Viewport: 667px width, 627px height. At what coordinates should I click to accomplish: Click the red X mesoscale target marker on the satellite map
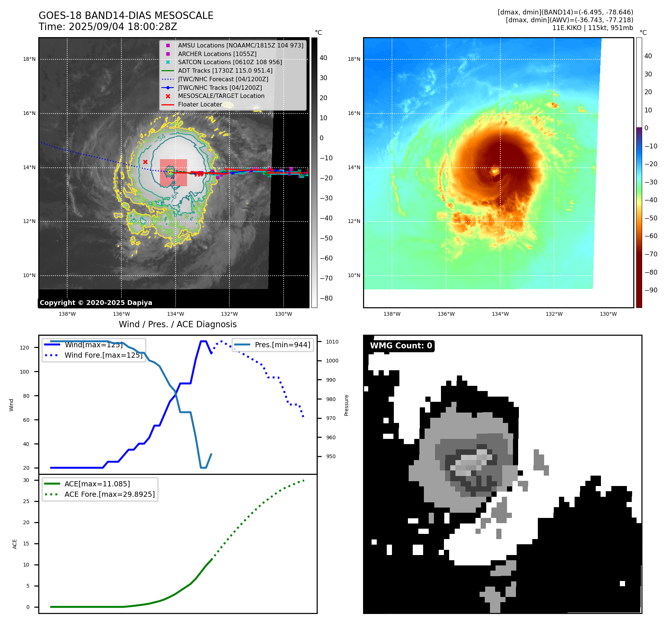pos(145,162)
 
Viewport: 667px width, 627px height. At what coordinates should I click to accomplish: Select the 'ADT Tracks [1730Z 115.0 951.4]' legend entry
pos(225,70)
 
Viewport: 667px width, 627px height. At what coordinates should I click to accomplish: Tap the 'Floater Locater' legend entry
pos(200,104)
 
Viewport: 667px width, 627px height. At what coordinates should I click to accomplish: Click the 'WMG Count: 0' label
pos(401,346)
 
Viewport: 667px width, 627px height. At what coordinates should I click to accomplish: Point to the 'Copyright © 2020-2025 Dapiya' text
pos(96,303)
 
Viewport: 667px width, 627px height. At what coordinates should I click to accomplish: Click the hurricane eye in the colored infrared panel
pos(495,171)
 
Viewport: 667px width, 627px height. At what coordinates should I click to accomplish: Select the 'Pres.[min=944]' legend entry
pos(282,345)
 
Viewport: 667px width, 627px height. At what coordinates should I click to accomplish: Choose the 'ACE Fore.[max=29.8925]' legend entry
pos(109,494)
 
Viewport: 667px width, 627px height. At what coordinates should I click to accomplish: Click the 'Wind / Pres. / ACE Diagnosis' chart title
pos(177,324)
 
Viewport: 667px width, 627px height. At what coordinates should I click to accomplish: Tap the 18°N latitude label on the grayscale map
pos(29,59)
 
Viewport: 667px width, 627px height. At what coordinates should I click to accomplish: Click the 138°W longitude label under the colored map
pos(392,314)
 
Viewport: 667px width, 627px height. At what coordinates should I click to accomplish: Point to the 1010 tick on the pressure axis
pos(332,342)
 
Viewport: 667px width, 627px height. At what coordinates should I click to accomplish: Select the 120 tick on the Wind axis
pos(24,348)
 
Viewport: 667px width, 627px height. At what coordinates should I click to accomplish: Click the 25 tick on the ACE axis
pos(26,501)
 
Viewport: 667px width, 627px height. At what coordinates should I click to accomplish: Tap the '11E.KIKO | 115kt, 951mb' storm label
pos(592,28)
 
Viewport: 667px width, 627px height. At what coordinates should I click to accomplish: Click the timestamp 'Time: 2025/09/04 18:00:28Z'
pos(108,27)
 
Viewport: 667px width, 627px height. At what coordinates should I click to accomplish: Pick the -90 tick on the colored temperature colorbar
pos(651,290)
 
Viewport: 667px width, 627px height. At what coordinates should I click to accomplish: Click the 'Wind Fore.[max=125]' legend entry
pos(103,355)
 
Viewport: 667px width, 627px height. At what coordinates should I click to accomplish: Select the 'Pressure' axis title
pos(346,405)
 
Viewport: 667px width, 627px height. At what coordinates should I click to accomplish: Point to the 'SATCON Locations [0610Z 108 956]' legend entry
pos(230,62)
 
